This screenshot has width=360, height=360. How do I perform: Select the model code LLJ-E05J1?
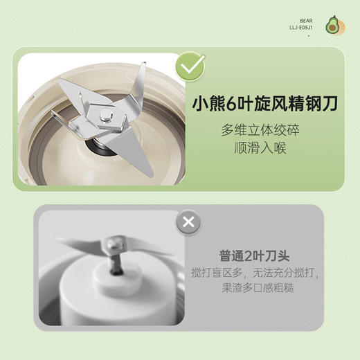[305, 29]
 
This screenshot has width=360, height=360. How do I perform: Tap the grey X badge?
[188, 223]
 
